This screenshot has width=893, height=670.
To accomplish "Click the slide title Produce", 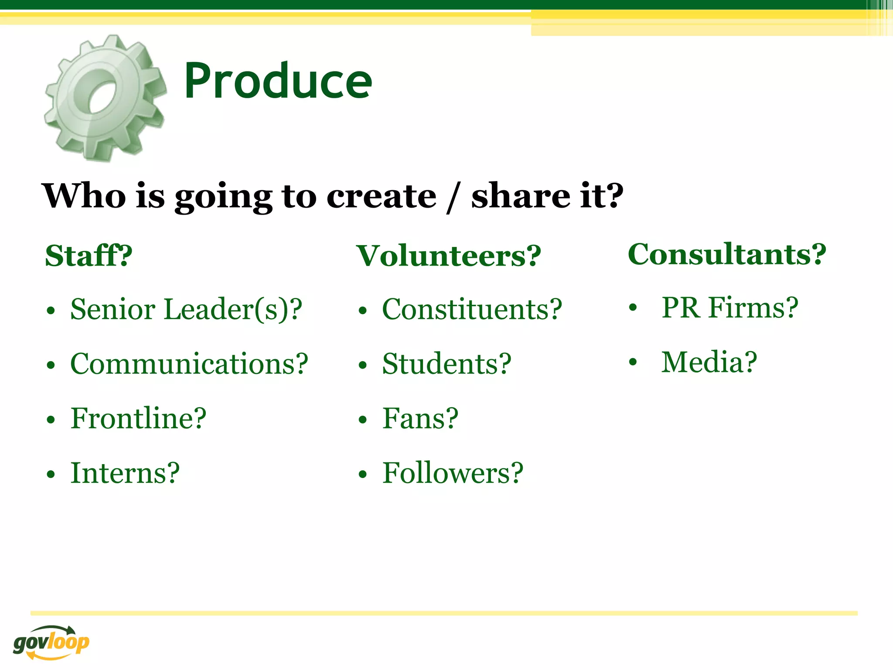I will (278, 81).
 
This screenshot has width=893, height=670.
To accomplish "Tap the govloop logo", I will (51, 642).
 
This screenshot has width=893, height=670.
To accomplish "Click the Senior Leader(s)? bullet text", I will (186, 309).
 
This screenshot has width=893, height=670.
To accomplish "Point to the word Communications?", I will (189, 364).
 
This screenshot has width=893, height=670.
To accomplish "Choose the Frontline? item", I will (138, 418).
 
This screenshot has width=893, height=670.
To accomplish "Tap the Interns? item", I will (125, 473).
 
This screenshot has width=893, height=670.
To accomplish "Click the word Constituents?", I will (472, 309).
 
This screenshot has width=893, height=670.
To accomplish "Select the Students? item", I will (446, 364).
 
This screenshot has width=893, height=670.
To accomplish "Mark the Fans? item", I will (420, 418).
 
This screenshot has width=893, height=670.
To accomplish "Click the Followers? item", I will (453, 473).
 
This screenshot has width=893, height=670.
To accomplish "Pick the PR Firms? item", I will (729, 308).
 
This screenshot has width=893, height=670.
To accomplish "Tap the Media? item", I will (709, 362).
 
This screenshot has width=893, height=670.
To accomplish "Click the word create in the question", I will (381, 196).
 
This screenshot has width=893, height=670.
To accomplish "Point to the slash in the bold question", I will (453, 197).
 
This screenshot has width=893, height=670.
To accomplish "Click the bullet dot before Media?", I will (633, 362).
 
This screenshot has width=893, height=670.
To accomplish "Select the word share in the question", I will (521, 196).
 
